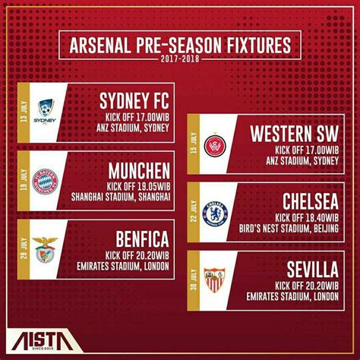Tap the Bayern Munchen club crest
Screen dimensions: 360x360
(46, 181)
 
